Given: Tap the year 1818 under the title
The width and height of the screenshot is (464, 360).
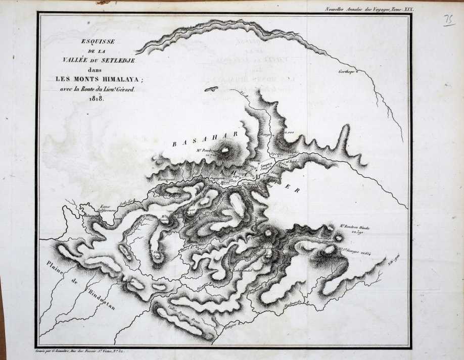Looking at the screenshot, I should [96, 98].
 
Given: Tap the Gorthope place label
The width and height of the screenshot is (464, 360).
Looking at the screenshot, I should [346, 72].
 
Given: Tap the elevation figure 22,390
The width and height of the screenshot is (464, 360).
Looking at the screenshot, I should [358, 234].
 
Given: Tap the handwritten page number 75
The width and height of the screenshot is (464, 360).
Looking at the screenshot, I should [448, 20].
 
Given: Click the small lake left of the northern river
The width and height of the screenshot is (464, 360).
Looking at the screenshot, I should [211, 89].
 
